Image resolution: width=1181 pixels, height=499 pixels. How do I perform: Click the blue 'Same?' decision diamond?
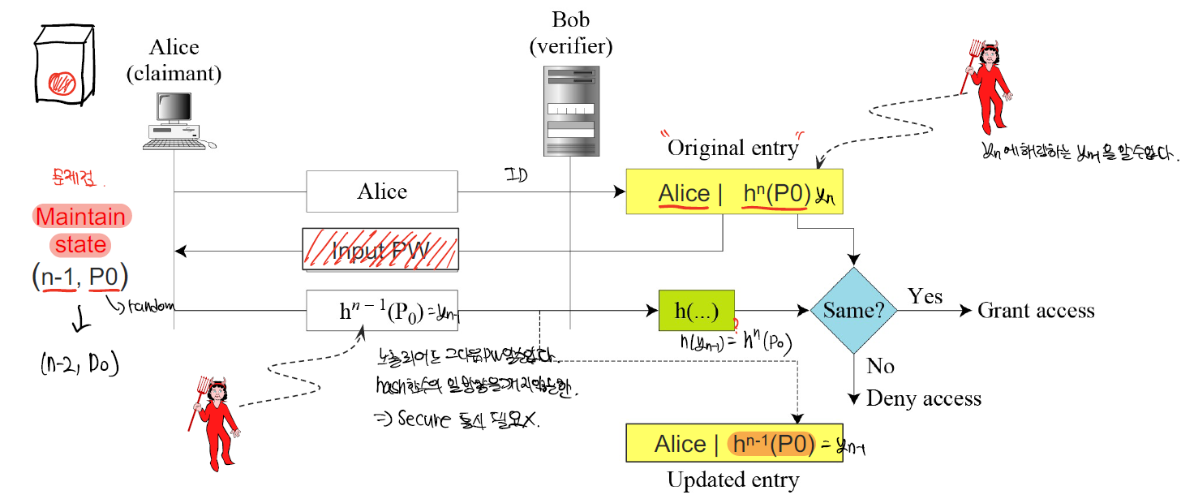(852, 310)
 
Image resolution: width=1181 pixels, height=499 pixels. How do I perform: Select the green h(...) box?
(696, 310)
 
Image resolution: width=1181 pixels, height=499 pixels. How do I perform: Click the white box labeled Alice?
(382, 191)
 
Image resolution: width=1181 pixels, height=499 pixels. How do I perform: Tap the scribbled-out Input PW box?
(380, 250)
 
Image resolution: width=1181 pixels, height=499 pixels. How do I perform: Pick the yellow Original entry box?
(734, 192)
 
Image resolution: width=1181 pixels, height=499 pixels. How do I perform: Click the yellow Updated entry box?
(734, 443)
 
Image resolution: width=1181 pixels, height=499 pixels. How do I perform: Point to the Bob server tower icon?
(570, 111)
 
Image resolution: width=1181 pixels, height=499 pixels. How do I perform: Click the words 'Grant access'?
(1036, 311)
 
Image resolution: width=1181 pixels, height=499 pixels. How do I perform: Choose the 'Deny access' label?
(923, 398)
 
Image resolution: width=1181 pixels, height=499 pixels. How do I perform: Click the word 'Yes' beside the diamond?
(925, 296)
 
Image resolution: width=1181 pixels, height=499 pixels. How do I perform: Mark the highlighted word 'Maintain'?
(81, 217)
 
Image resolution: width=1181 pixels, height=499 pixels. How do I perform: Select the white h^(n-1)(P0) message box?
(382, 311)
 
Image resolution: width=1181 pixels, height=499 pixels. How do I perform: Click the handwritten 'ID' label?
(513, 173)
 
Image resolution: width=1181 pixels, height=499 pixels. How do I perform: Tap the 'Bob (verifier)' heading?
(571, 32)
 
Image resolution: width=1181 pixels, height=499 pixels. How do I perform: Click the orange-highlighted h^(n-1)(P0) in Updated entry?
(771, 443)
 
